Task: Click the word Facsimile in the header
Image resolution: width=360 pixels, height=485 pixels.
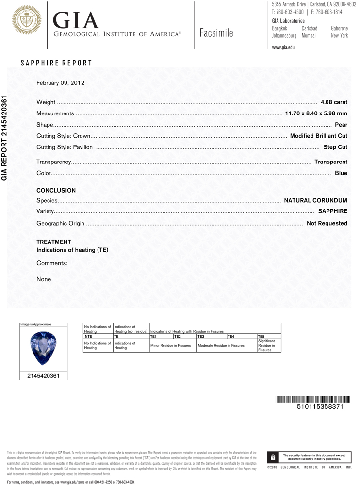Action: [x=216, y=33]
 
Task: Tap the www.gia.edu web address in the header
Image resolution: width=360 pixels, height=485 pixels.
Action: [x=283, y=47]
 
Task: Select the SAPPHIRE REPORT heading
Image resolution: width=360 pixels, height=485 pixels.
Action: [x=56, y=63]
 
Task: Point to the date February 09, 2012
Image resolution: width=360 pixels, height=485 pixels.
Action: [x=61, y=83]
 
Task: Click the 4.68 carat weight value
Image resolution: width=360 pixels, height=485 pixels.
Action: [x=334, y=102]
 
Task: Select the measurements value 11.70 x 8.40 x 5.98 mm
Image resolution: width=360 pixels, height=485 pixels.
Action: [x=316, y=113]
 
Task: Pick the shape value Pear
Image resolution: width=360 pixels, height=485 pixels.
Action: [x=341, y=125]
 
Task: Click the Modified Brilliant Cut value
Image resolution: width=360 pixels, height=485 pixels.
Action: [x=318, y=136]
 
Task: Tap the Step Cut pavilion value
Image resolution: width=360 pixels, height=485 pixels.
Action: [x=335, y=147]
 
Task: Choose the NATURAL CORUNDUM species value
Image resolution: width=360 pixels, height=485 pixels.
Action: [x=315, y=200]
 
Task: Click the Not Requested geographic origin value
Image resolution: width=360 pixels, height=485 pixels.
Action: [x=327, y=223]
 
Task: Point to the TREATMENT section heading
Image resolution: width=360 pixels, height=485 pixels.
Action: [x=54, y=242]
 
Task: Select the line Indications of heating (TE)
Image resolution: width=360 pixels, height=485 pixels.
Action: [x=72, y=250]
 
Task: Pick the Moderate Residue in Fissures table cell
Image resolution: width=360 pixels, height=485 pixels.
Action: [x=221, y=345]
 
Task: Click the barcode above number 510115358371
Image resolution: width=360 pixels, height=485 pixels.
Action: [x=311, y=399]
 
